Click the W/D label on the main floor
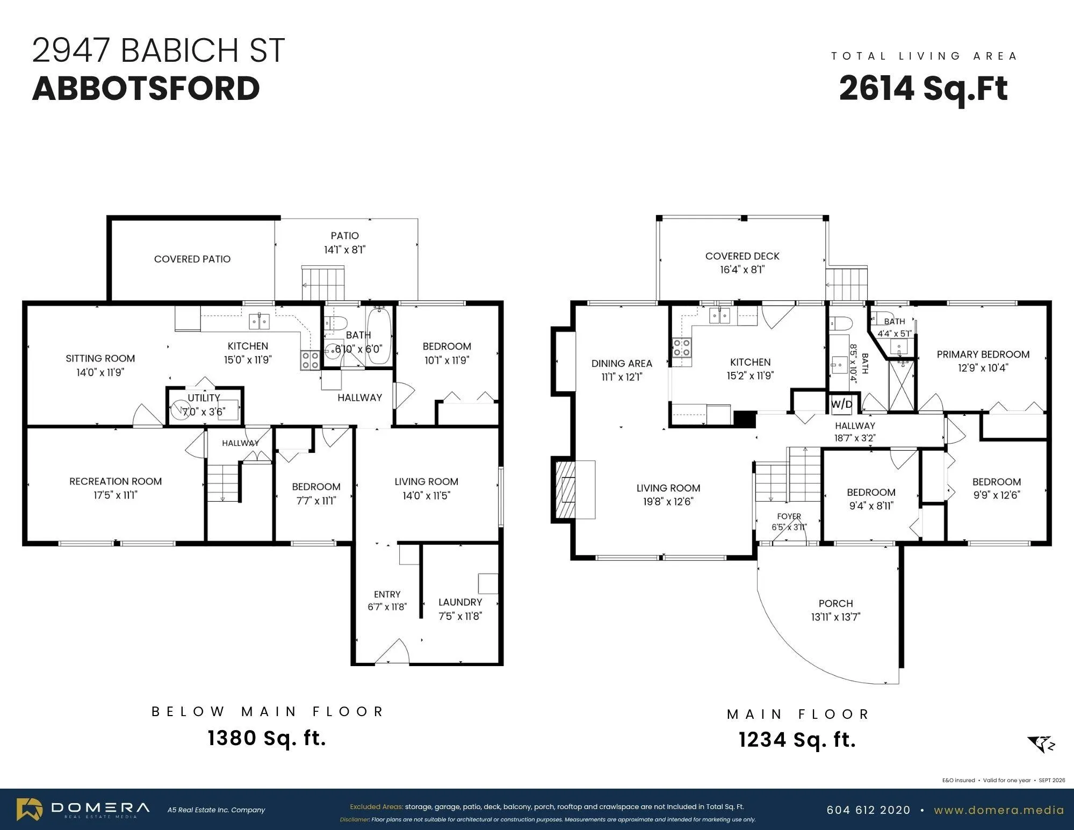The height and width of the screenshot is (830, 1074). point(842,404)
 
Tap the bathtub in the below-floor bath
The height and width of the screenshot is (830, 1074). point(380,336)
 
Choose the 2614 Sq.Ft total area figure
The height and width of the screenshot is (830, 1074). point(923,88)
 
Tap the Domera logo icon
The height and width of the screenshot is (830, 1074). point(30,810)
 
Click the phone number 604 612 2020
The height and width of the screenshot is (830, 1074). point(868,810)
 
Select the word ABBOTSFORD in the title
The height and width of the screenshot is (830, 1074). point(146,88)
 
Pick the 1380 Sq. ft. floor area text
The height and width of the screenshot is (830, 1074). point(267,738)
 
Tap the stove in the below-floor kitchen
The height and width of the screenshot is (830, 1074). point(310,360)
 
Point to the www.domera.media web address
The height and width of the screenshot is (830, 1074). point(999,810)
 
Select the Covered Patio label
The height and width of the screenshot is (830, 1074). point(192,259)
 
